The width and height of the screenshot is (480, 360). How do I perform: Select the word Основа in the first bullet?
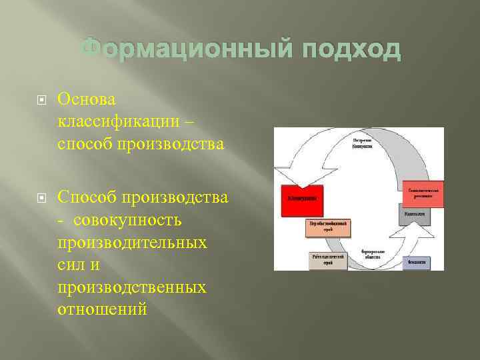pos(87,99)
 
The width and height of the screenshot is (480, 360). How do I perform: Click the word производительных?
pos(132,243)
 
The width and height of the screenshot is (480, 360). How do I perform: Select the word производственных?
pos(131,287)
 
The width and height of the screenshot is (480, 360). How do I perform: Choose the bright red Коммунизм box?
pos(302,199)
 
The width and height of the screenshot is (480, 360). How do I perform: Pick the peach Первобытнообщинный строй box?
pos(328,227)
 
